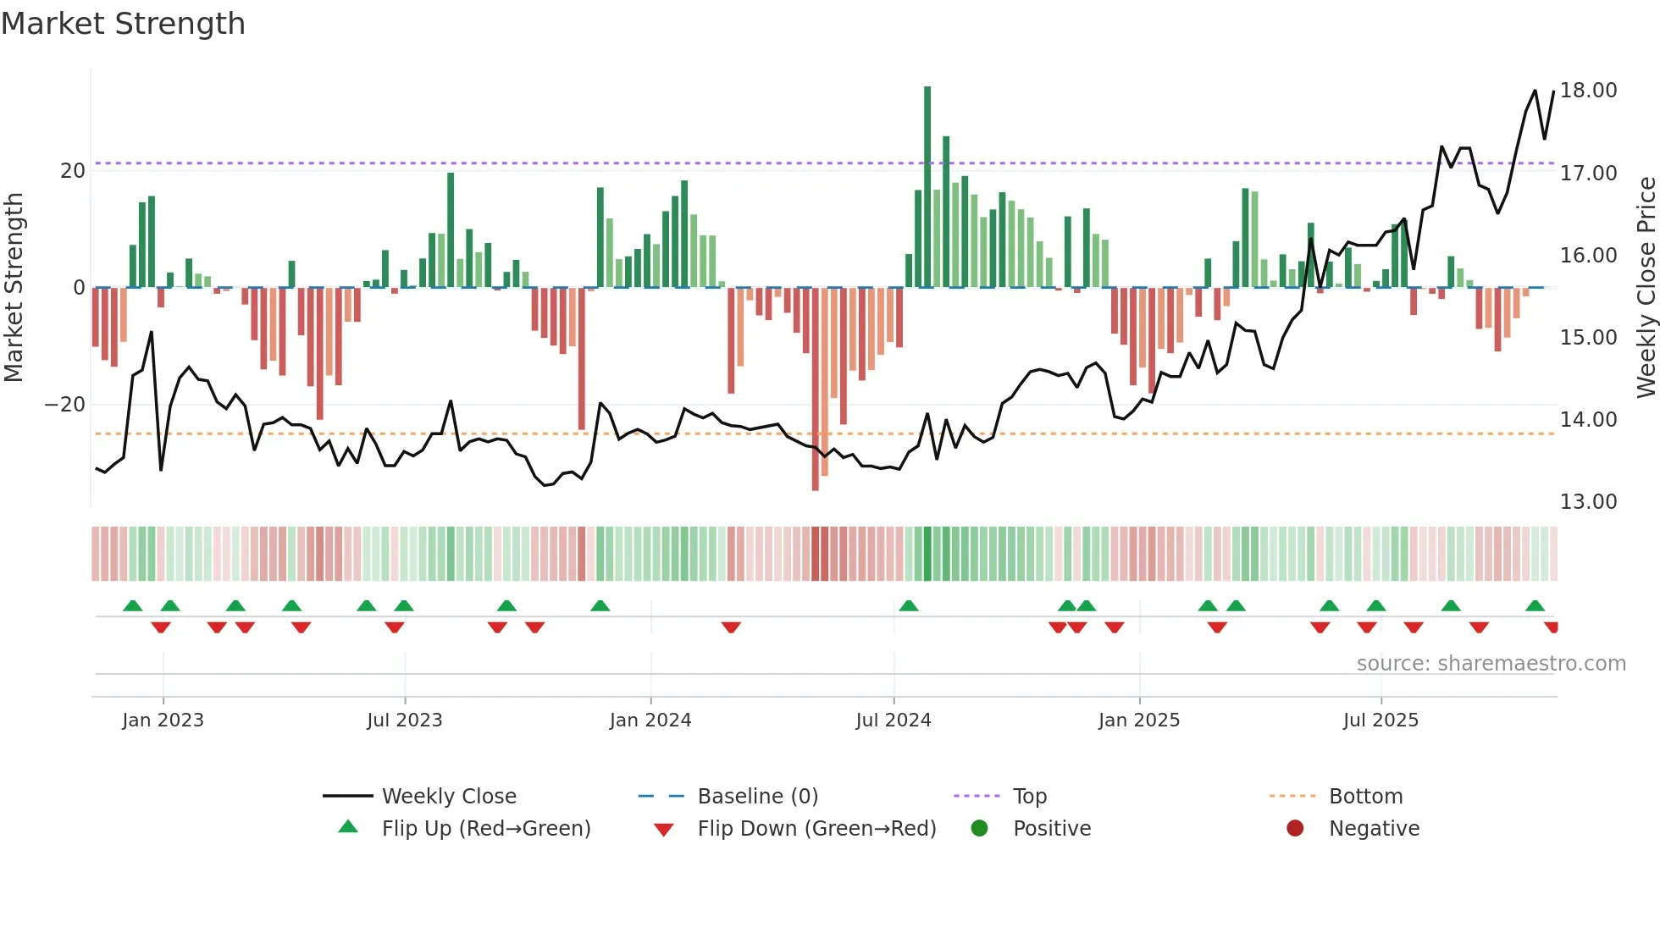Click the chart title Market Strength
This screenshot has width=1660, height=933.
[123, 24]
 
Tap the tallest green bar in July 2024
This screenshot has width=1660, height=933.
[927, 186]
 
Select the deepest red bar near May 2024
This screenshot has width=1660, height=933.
[815, 389]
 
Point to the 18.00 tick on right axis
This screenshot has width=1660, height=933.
[1588, 91]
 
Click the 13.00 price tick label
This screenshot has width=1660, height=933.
[1588, 502]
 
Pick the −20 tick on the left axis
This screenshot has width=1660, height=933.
[65, 405]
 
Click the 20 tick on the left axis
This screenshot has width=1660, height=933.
[73, 171]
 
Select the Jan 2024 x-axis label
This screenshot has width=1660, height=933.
[650, 720]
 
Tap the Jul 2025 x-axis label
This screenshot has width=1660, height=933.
[1381, 720]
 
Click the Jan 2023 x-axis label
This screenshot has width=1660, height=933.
[163, 720]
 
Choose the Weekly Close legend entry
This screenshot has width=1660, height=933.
[449, 797]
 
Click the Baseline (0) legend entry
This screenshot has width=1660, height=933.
[757, 797]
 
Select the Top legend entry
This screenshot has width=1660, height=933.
[1030, 797]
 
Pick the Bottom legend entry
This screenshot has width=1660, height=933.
[1365, 797]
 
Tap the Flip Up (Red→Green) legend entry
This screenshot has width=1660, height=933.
[485, 829]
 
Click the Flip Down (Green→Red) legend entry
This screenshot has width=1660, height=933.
[816, 829]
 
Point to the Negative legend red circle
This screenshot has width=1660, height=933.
[1295, 829]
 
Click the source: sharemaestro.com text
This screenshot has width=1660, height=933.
[1491, 664]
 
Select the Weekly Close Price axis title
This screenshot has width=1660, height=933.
[1646, 288]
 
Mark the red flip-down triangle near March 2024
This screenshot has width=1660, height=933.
[731, 627]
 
